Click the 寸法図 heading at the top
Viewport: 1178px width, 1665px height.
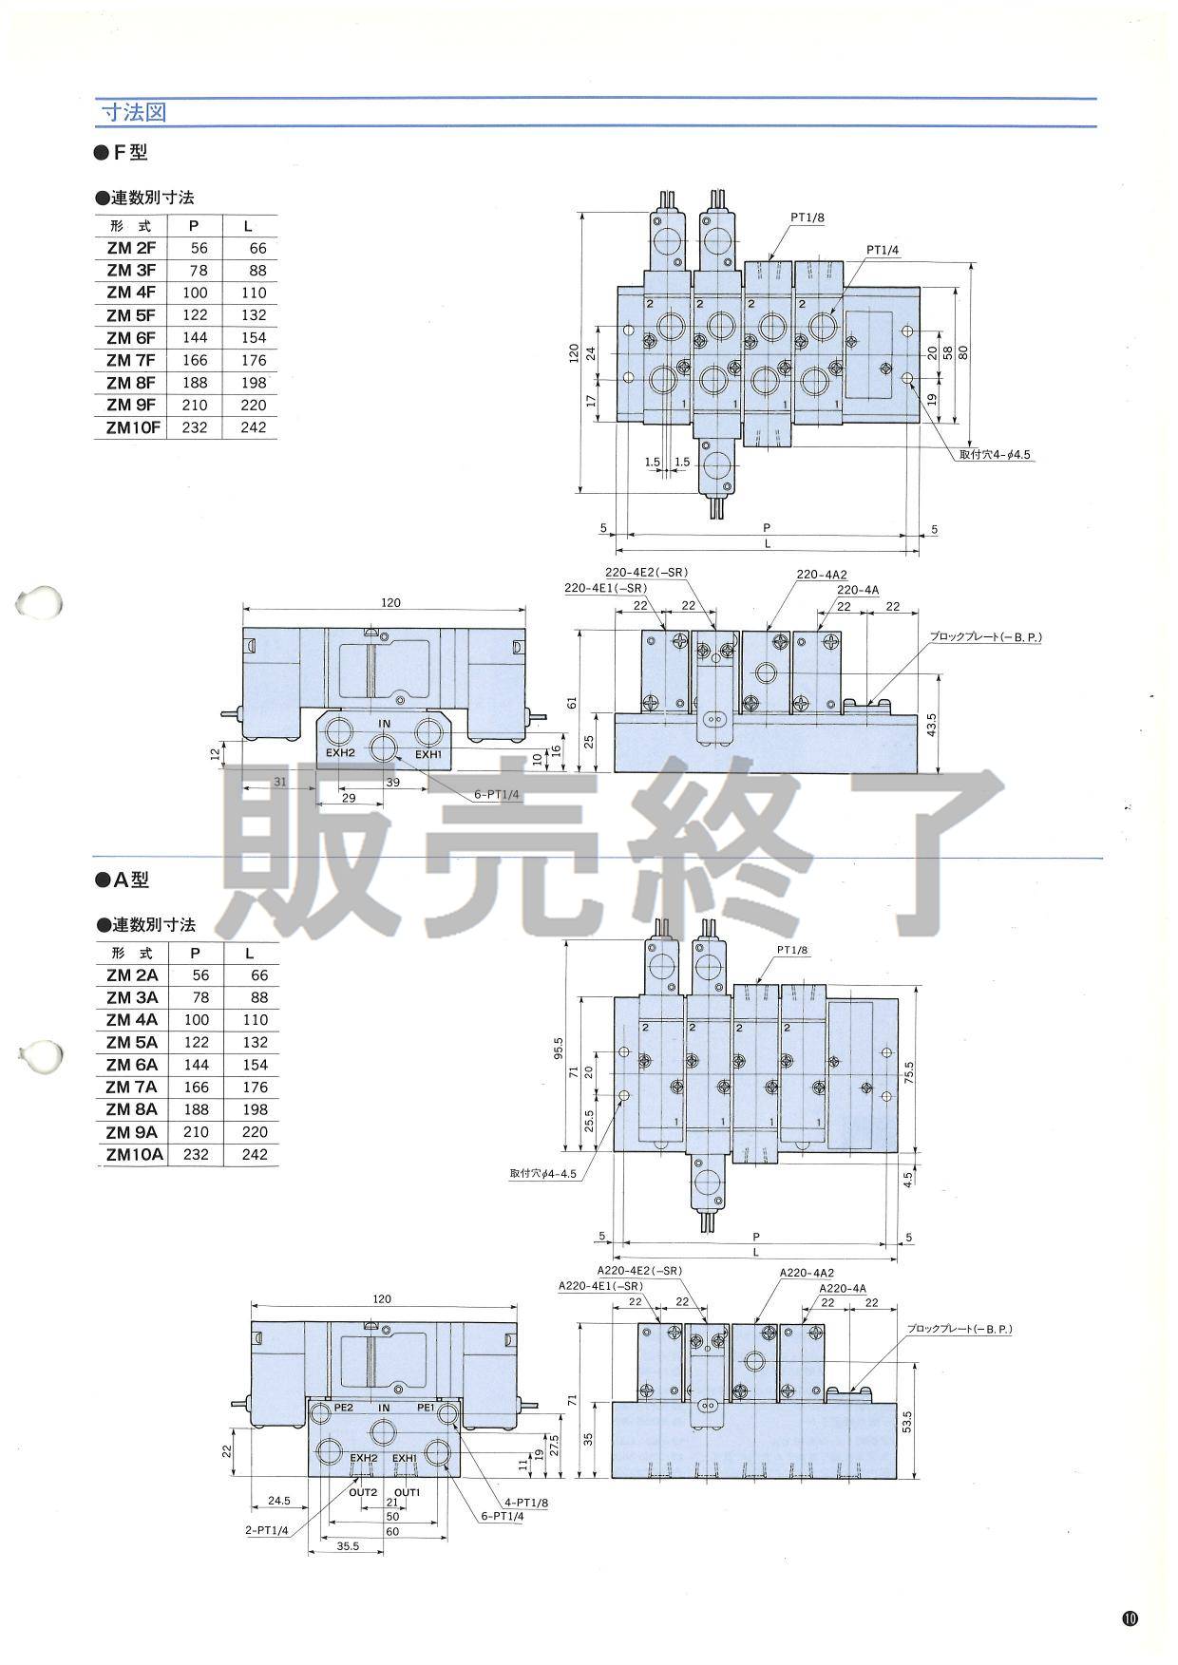[134, 112]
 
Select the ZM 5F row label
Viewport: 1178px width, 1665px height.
[131, 315]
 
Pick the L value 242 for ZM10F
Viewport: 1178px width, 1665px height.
[254, 427]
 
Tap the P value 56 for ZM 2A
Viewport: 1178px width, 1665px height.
[199, 975]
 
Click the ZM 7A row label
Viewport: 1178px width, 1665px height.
[132, 1088]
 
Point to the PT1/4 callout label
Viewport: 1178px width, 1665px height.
[883, 249]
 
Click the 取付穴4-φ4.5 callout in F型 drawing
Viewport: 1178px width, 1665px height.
[995, 455]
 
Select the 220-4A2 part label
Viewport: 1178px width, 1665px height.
[822, 575]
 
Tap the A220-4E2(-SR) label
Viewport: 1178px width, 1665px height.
[639, 1271]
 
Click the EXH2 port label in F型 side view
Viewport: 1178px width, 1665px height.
[340, 754]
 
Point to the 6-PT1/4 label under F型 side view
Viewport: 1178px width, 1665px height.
[497, 795]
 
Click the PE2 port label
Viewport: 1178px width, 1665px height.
[344, 1408]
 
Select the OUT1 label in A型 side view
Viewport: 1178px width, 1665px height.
[407, 1492]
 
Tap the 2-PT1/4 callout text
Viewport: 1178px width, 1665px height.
[265, 1529]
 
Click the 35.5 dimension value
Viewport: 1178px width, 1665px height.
[348, 1545]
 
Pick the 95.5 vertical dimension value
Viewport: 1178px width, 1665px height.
[559, 1047]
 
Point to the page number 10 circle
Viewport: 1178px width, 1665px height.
[1130, 1618]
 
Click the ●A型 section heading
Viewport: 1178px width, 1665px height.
[123, 880]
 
